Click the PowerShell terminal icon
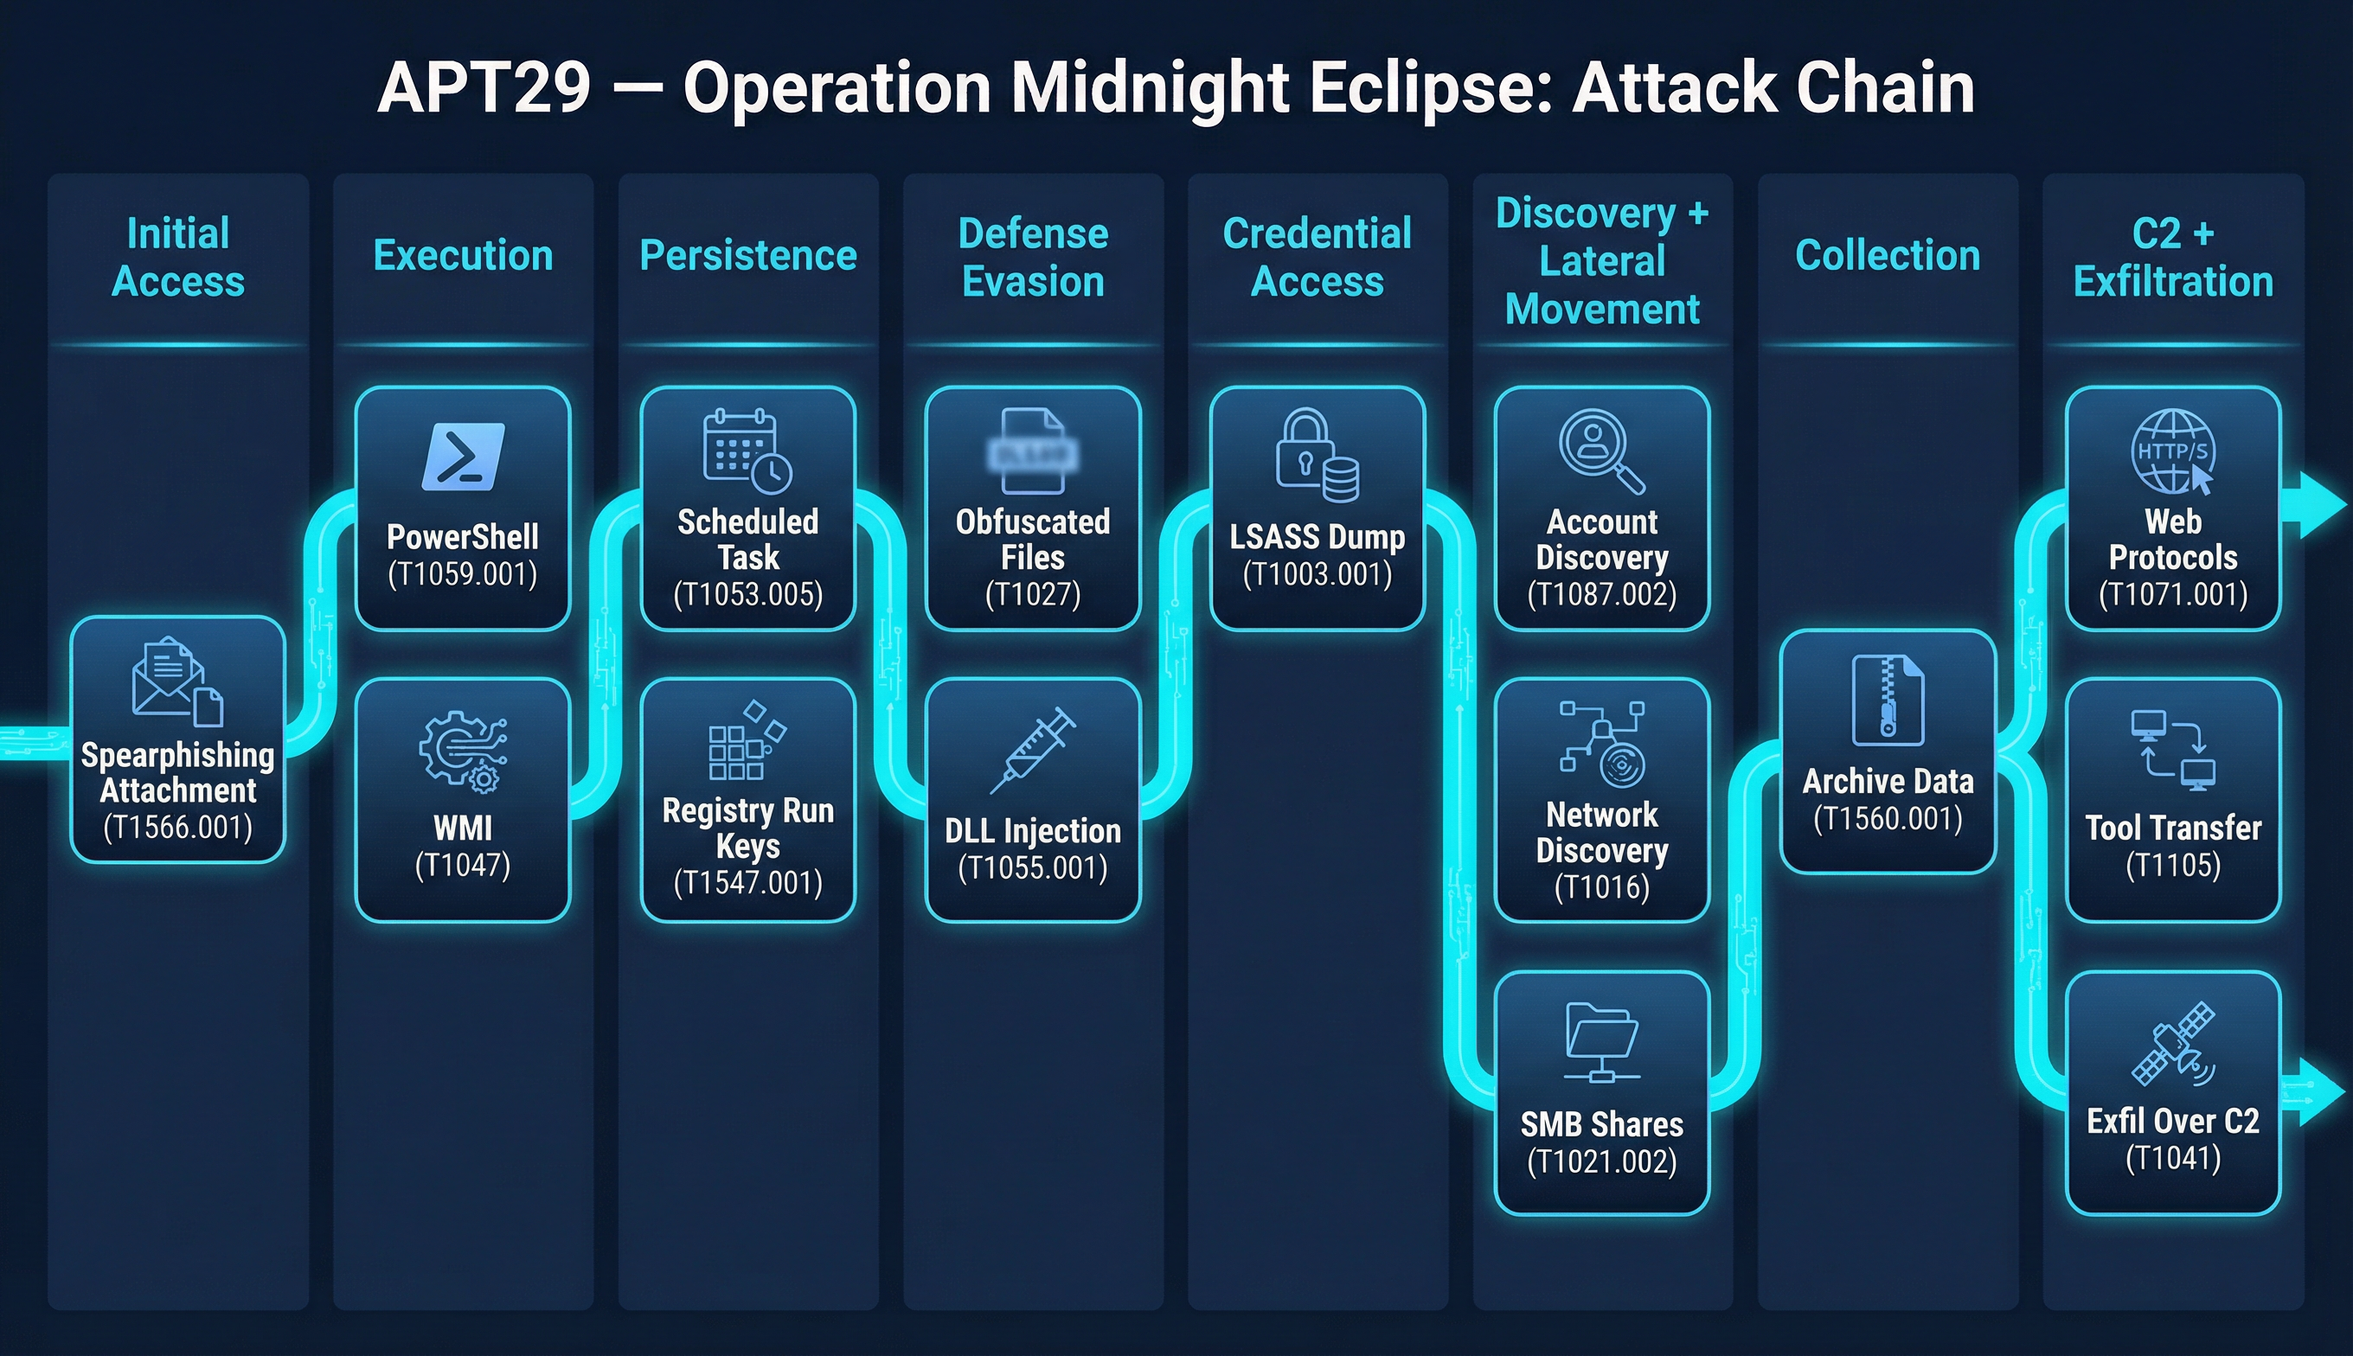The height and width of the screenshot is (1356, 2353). tap(463, 457)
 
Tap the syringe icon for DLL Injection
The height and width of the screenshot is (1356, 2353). tap(1033, 749)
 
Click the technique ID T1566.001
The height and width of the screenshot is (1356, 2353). tap(178, 827)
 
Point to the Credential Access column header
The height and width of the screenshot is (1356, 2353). tap(1318, 257)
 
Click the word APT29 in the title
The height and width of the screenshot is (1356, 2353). tap(484, 87)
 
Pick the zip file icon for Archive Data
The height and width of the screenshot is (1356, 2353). tap(1888, 700)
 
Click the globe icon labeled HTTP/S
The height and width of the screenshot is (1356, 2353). tap(2172, 451)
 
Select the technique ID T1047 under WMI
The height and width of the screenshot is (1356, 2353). tap(463, 865)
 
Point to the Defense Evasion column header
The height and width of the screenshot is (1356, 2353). tap(1033, 257)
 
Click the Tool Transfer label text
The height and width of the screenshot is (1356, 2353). tap(2173, 828)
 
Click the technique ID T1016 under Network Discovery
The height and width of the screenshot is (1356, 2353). tap(1601, 886)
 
